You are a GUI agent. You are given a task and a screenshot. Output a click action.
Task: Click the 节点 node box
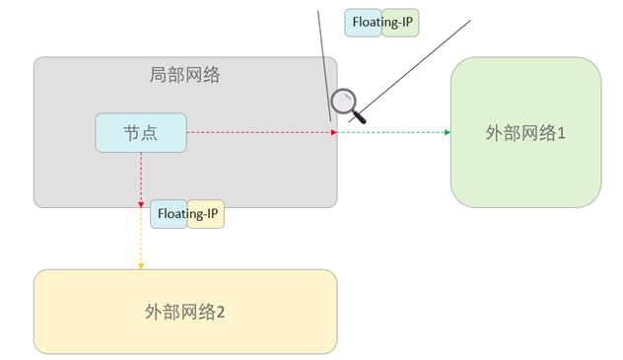click(x=141, y=133)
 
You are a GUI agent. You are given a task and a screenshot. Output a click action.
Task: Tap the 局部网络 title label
click(x=184, y=75)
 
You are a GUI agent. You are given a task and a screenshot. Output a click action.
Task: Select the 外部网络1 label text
click(x=525, y=133)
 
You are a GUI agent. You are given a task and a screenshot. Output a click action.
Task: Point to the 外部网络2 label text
click(x=184, y=312)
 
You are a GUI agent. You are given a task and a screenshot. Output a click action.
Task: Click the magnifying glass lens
click(x=343, y=101)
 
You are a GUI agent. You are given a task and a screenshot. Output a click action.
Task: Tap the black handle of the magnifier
click(x=359, y=117)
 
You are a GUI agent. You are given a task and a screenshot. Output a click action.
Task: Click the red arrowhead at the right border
click(x=334, y=132)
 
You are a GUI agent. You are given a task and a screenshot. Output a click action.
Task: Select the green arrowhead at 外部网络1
click(x=448, y=132)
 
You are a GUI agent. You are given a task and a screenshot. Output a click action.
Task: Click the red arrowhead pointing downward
click(x=141, y=204)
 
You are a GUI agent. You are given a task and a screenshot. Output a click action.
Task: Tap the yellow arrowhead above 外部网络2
click(x=141, y=266)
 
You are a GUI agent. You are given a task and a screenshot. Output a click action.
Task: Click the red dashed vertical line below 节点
click(x=141, y=178)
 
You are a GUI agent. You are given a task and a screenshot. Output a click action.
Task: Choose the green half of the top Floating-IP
click(x=400, y=23)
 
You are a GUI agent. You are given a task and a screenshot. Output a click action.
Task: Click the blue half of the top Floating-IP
click(x=363, y=23)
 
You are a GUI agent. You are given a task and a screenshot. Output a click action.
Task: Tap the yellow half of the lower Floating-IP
click(x=206, y=214)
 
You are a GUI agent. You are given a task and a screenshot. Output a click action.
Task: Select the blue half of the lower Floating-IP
click(x=169, y=214)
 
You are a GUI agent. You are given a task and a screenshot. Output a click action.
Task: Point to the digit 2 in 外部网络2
click(x=221, y=313)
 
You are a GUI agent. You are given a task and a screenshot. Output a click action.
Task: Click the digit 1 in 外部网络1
click(x=562, y=133)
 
